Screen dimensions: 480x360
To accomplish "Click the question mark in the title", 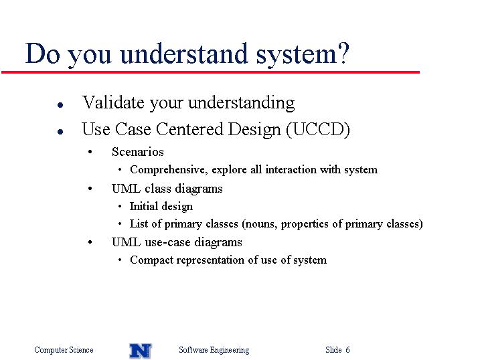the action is click(343, 53).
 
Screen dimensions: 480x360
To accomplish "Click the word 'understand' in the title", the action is click(183, 54).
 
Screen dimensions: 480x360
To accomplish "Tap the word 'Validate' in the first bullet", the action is click(113, 102).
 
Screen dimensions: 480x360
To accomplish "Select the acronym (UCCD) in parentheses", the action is click(318, 129).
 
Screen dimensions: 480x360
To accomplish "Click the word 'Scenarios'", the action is click(138, 152).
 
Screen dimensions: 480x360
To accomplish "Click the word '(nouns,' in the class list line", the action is click(260, 224).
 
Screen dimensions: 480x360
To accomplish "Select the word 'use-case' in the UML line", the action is click(168, 242).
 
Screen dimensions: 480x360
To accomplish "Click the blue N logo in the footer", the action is click(140, 351).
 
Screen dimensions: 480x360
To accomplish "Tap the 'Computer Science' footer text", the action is click(64, 350).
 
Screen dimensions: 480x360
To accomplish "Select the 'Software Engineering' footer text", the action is click(214, 350).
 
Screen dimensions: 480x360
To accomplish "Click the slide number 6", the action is click(347, 349).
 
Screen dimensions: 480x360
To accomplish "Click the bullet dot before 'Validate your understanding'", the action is click(60, 105).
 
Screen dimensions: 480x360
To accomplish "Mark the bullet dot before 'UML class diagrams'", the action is click(90, 189).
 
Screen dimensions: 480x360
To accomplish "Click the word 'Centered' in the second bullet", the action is click(190, 129).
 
